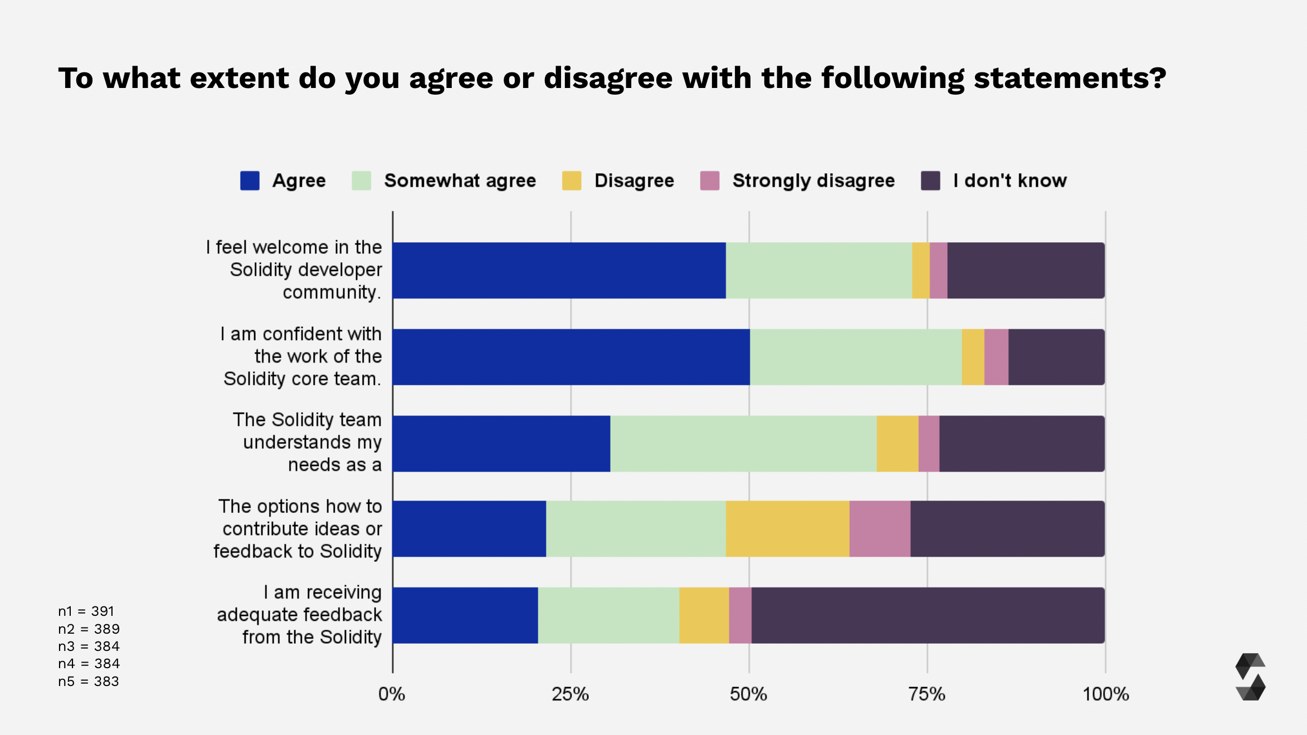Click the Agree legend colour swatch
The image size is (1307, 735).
click(x=250, y=181)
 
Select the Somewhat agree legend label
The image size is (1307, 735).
click(x=460, y=181)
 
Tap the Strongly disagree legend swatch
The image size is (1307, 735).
click(x=710, y=181)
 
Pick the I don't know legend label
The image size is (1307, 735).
click(x=1009, y=181)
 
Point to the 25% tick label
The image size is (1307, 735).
click(x=570, y=694)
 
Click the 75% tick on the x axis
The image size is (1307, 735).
click(x=926, y=694)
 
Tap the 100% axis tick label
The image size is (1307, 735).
click(x=1105, y=694)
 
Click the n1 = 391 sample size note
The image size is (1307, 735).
click(x=86, y=611)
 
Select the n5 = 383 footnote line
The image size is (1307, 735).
click(x=89, y=682)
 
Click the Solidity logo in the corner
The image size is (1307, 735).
click(x=1250, y=677)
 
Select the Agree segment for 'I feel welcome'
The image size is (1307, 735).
click(x=559, y=271)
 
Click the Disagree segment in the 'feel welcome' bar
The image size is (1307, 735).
click(x=920, y=271)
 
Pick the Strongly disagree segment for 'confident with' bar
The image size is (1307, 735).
click(x=996, y=357)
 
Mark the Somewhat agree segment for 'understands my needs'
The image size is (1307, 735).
click(x=743, y=444)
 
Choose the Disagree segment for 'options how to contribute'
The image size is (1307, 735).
click(x=787, y=529)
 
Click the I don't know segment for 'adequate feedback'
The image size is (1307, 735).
click(x=928, y=615)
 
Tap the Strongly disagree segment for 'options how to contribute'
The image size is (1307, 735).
click(x=880, y=529)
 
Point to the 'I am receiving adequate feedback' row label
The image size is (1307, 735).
click(x=299, y=615)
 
